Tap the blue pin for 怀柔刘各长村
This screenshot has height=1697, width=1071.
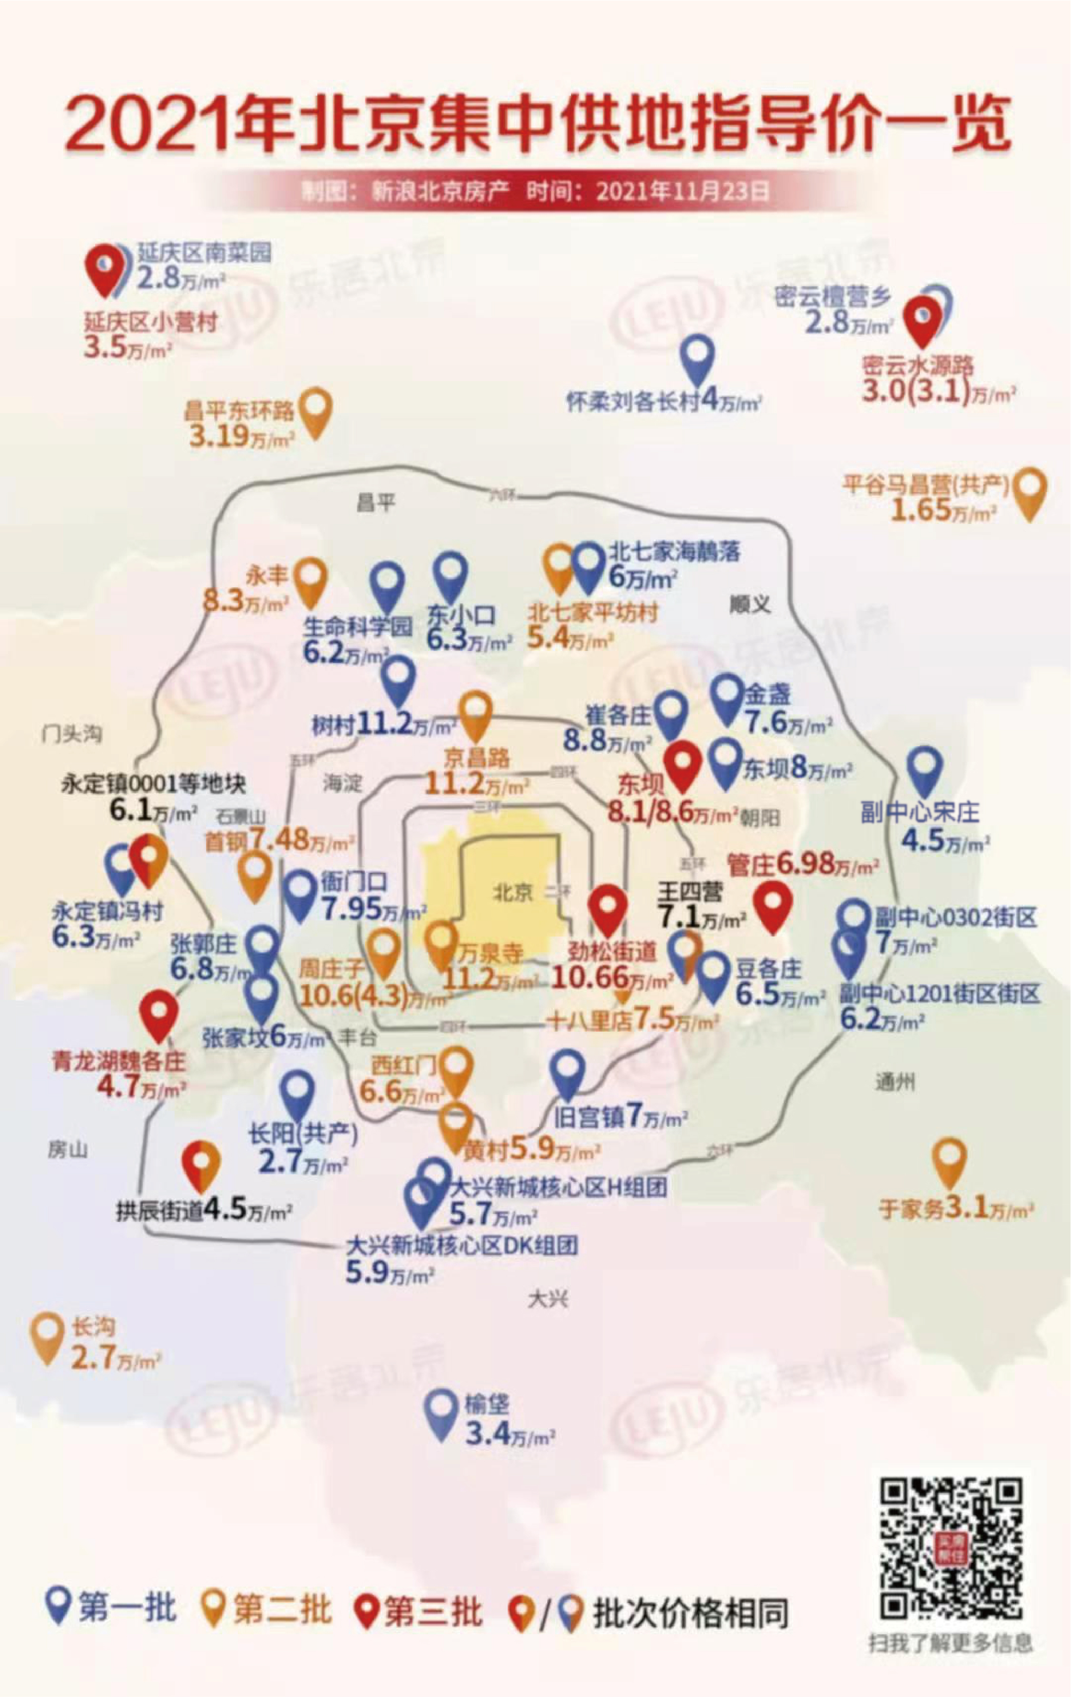pos(698,359)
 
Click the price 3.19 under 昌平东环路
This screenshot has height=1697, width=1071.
pos(218,437)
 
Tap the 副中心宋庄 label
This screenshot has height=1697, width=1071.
pos(920,812)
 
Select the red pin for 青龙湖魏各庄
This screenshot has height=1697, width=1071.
pos(158,1015)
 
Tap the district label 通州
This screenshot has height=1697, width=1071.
pos(895,1082)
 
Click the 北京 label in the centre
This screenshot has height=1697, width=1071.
pos(512,893)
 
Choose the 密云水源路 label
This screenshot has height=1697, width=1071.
pos(918,365)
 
